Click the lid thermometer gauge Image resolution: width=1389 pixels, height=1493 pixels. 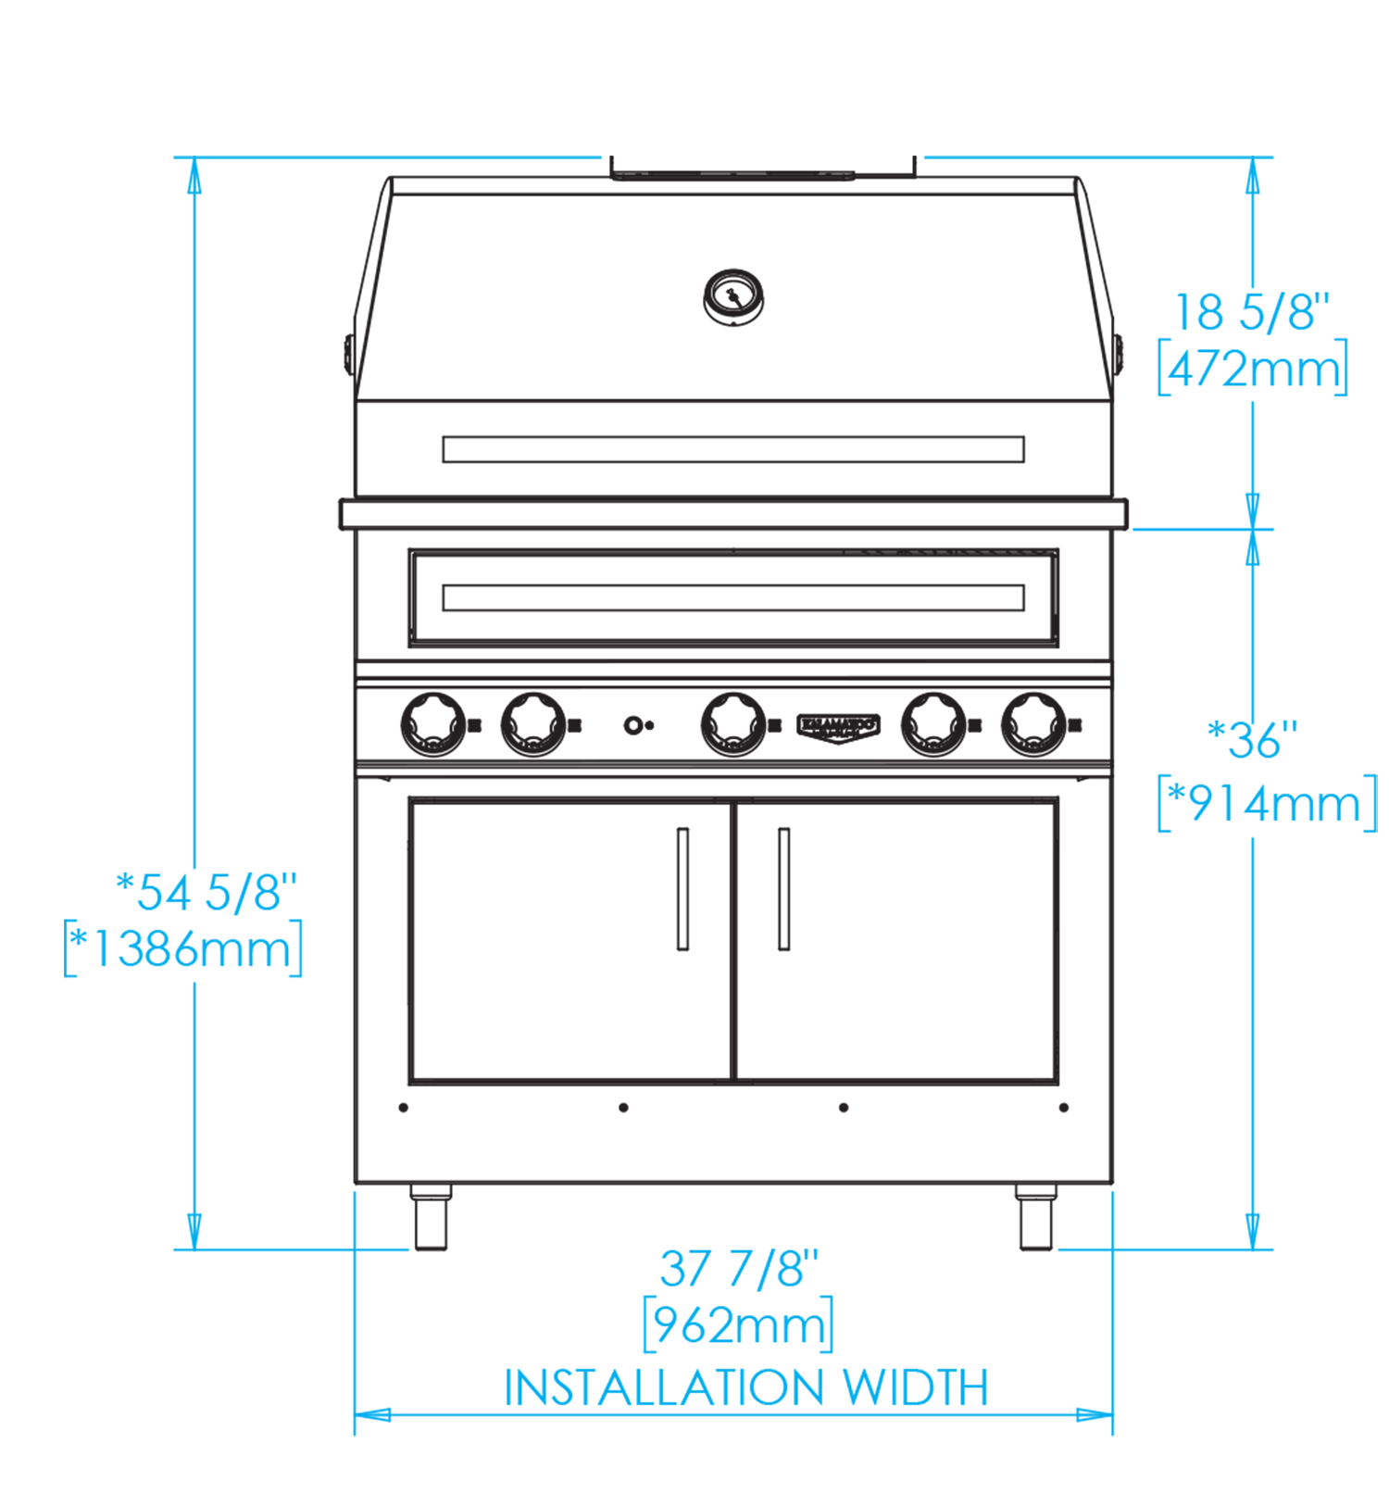pyautogui.click(x=733, y=297)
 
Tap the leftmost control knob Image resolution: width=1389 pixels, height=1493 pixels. pyautogui.click(x=432, y=724)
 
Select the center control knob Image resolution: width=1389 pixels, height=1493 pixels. pyautogui.click(x=733, y=724)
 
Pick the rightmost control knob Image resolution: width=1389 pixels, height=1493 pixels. pyautogui.click(x=1034, y=724)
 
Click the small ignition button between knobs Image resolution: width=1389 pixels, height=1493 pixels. pyautogui.click(x=633, y=725)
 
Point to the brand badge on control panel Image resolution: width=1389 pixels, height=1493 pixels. pyautogui.click(x=838, y=726)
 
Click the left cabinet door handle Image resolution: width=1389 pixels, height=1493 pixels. pyautogui.click(x=683, y=888)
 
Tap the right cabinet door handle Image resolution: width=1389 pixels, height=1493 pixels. pyautogui.click(x=783, y=888)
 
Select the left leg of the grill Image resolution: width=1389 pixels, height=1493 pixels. pyautogui.click(x=431, y=1220)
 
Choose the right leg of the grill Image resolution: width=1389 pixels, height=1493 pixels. pyautogui.click(x=1036, y=1220)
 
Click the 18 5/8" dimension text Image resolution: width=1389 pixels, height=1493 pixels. pyautogui.click(x=1251, y=312)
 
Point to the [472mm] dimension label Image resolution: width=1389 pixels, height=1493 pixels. pyautogui.click(x=1252, y=369)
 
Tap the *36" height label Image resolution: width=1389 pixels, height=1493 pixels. pyautogui.click(x=1252, y=740)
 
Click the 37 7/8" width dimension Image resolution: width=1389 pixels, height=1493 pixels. pyautogui.click(x=739, y=1268)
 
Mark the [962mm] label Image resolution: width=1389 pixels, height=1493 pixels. pyautogui.click(x=738, y=1325)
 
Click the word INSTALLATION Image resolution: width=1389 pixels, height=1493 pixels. pyautogui.click(x=663, y=1387)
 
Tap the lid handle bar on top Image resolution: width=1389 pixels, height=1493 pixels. pyautogui.click(x=732, y=174)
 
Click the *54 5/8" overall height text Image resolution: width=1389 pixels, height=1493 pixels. pyautogui.click(x=206, y=891)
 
